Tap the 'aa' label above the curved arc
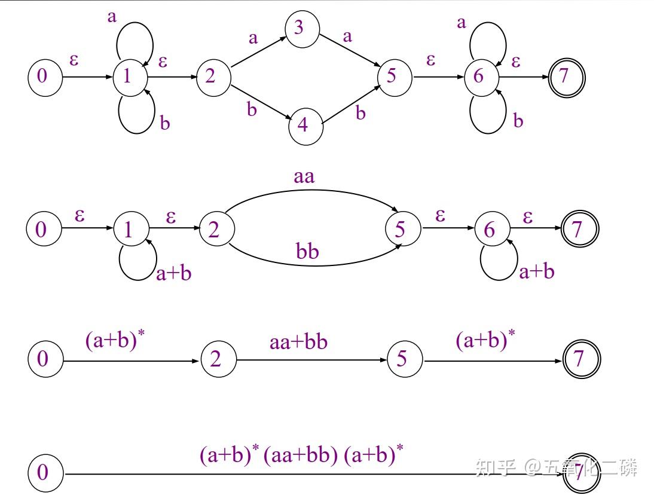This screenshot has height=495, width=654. coord(304,177)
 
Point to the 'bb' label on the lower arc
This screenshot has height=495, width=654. coord(307,251)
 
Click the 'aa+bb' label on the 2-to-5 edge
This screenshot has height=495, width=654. coord(299,342)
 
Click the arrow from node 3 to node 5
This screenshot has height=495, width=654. coord(350,50)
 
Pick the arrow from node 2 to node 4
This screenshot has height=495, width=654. coord(261,102)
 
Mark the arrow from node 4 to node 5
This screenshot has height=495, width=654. coord(351,104)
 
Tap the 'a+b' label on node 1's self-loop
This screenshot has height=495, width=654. coord(173,274)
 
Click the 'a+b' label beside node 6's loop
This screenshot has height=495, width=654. coord(537,272)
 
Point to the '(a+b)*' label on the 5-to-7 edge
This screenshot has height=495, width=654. coord(485,340)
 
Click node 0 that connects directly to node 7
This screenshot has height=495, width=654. coord(45,473)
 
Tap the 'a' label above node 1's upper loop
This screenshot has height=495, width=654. coord(112,17)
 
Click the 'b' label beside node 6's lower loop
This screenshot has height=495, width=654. coord(518,121)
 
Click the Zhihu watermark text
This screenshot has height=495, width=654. coord(557,467)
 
